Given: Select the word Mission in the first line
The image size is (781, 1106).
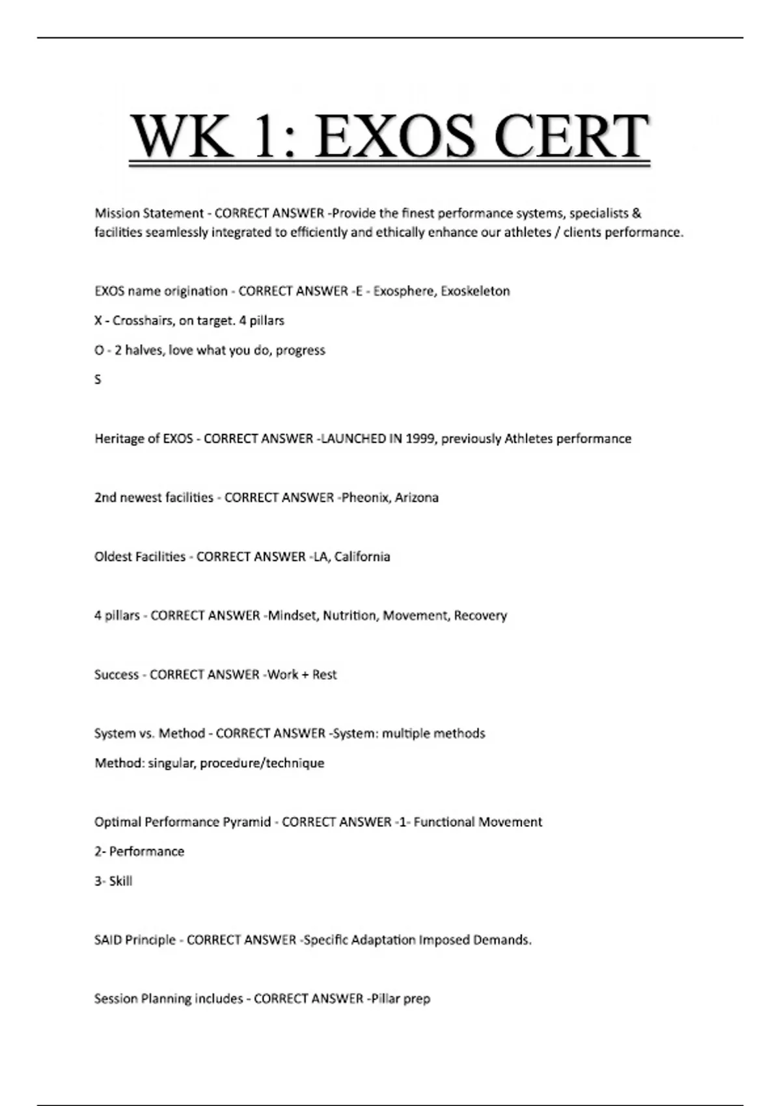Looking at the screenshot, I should point(116,213).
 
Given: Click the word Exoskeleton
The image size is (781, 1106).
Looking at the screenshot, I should point(475,291).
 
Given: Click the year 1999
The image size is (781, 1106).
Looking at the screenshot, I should point(420,438).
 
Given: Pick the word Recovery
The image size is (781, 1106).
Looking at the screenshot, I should point(480,615).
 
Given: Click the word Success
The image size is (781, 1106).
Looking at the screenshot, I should point(116,675).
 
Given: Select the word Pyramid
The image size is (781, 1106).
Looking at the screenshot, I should point(247,822).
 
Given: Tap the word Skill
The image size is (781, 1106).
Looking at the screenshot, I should point(121,881).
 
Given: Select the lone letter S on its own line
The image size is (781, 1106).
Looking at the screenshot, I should point(98,379).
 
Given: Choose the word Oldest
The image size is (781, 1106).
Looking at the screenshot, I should point(112,556).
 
